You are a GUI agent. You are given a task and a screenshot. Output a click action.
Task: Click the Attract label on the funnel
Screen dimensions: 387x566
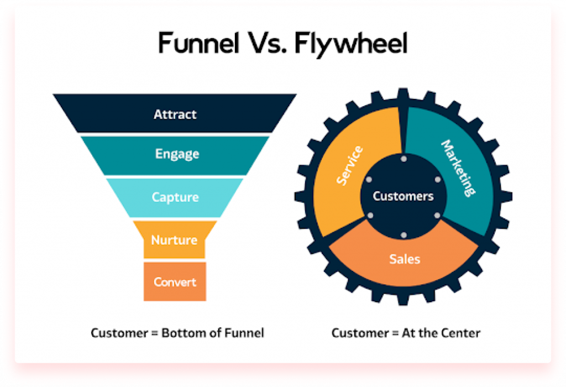point(175,115)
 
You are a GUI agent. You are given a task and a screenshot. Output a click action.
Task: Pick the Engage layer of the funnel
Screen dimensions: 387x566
point(177,154)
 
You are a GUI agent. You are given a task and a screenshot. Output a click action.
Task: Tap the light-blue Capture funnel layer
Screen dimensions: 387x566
point(175,197)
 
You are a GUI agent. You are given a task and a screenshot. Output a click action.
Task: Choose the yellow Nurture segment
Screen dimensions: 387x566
point(175,240)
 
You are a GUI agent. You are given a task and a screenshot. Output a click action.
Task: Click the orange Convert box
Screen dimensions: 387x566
point(175,282)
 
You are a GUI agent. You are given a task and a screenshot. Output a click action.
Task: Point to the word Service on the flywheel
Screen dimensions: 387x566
point(349,165)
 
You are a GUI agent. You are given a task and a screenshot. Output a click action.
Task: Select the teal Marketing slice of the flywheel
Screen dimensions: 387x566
point(456,169)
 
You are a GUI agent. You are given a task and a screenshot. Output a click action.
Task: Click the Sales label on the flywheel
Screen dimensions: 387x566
point(405,259)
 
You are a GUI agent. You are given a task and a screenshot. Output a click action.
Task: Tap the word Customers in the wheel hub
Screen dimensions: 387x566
point(403,196)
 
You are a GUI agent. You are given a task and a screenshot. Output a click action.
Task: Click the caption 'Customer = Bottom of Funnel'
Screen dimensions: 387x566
point(177,333)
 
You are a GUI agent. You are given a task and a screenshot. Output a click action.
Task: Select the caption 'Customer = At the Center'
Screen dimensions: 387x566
point(406,333)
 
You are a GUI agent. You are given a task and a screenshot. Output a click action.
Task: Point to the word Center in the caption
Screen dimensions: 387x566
point(463,333)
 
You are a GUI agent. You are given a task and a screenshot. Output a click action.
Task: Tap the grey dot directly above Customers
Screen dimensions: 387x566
point(403,159)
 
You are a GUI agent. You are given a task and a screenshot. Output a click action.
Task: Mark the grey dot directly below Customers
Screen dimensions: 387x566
point(403,235)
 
